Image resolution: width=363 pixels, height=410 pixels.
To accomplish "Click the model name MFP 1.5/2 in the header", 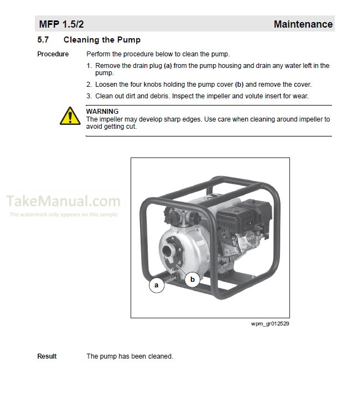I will point(61,24).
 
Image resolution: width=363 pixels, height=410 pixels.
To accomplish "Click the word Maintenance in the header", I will point(303,24).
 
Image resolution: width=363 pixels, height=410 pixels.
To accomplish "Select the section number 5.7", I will point(43,40).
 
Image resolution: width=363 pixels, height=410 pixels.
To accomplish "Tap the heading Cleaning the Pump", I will point(102,40).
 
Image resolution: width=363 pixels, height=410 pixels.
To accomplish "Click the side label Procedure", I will point(53,54).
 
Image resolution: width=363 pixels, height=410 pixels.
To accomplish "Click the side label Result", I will point(47,356).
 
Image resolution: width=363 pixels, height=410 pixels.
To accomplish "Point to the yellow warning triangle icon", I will point(70,116).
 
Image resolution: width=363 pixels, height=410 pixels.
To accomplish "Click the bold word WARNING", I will point(102,112).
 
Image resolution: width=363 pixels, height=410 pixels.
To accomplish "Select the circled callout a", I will point(157,285).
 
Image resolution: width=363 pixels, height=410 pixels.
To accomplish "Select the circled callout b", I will point(192,280).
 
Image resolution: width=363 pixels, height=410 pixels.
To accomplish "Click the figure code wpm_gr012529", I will point(270,323).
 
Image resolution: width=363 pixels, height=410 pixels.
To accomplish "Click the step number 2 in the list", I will point(89,85).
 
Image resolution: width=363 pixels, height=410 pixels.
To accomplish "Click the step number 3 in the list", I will point(89,96).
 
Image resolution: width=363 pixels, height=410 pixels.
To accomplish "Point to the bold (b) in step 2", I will point(239,85).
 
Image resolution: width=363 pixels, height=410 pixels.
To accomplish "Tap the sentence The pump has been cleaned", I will point(129,356).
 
